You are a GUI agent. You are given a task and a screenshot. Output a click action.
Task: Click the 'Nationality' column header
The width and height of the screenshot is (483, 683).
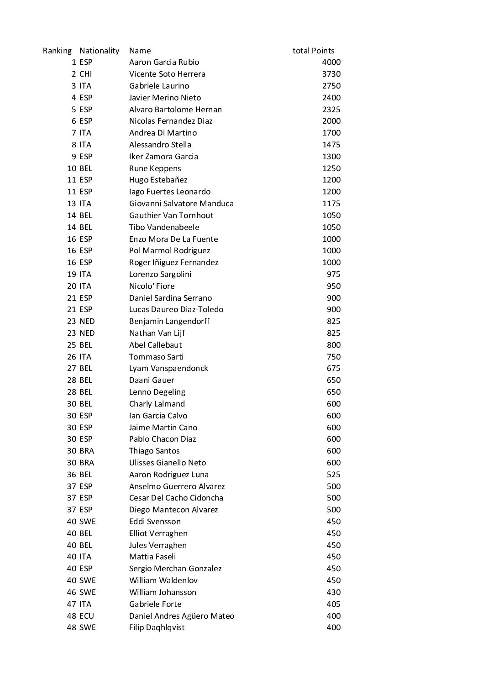click(x=99, y=51)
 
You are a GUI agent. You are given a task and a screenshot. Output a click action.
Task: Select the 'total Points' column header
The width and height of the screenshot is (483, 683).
click(x=313, y=51)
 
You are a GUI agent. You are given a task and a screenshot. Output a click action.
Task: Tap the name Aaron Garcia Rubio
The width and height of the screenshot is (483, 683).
click(x=164, y=62)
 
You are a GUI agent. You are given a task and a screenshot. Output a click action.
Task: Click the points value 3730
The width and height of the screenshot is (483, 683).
click(x=331, y=74)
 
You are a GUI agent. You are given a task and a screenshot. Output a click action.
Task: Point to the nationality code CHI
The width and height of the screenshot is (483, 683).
click(x=85, y=74)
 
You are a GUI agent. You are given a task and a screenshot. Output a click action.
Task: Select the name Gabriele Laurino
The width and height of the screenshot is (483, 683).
click(x=159, y=86)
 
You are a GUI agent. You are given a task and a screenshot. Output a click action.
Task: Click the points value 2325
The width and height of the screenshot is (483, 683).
click(x=331, y=109)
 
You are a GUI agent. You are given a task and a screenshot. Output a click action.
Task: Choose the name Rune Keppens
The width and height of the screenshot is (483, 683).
click(x=155, y=168)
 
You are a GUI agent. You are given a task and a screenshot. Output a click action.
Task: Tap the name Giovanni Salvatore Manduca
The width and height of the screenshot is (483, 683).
click(x=181, y=203)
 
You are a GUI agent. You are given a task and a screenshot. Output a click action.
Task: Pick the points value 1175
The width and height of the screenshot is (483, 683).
click(x=331, y=203)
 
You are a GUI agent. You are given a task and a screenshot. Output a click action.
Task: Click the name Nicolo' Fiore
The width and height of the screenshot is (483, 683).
click(x=152, y=286)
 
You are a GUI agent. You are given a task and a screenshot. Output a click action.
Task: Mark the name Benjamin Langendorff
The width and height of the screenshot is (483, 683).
click(x=169, y=321)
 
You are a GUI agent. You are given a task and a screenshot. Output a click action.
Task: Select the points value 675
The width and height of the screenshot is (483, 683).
click(x=333, y=368)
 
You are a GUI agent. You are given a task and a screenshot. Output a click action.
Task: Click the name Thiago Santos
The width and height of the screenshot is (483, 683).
click(x=154, y=451)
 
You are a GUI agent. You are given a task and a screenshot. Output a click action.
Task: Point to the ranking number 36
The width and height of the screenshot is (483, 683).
click(x=72, y=474)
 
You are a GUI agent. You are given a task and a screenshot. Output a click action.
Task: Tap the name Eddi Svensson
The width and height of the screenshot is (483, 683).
click(x=155, y=521)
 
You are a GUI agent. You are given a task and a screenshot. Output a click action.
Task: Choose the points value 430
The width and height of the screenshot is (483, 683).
click(x=333, y=592)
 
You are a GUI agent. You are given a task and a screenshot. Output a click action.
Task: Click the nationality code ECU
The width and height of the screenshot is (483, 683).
click(x=86, y=616)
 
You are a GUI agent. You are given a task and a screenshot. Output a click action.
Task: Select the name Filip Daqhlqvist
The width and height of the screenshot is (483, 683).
click(x=157, y=627)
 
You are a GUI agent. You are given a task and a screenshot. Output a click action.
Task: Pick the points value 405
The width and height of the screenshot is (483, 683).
click(x=333, y=604)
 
